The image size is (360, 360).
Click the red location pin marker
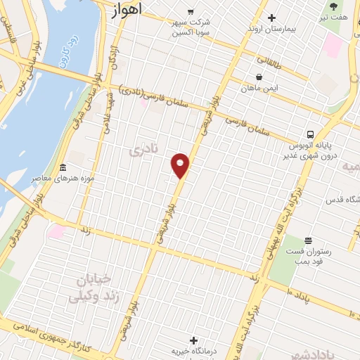tap(181, 165)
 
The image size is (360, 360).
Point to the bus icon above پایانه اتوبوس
tap(310, 134)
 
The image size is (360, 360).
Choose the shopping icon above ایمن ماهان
tap(259, 77)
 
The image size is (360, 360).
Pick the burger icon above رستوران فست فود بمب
tap(307, 240)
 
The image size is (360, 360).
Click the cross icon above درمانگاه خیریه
tap(194, 340)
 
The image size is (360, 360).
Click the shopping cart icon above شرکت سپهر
tap(191, 12)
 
